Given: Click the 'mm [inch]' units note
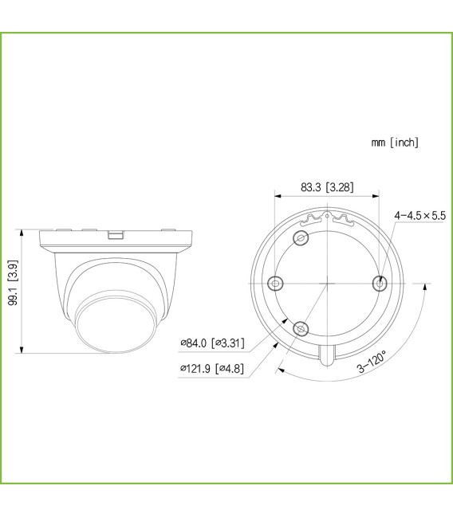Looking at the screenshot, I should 394,143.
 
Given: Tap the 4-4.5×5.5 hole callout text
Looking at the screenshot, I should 420,215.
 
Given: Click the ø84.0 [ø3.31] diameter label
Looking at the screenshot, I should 212,343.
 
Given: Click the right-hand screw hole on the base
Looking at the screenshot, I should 380,283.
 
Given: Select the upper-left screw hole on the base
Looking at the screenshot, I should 301,238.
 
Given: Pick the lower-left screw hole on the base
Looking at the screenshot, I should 301,327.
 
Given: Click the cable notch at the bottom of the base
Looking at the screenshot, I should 327,355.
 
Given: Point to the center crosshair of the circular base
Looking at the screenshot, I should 327,283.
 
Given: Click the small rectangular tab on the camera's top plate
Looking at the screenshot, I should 116,235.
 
